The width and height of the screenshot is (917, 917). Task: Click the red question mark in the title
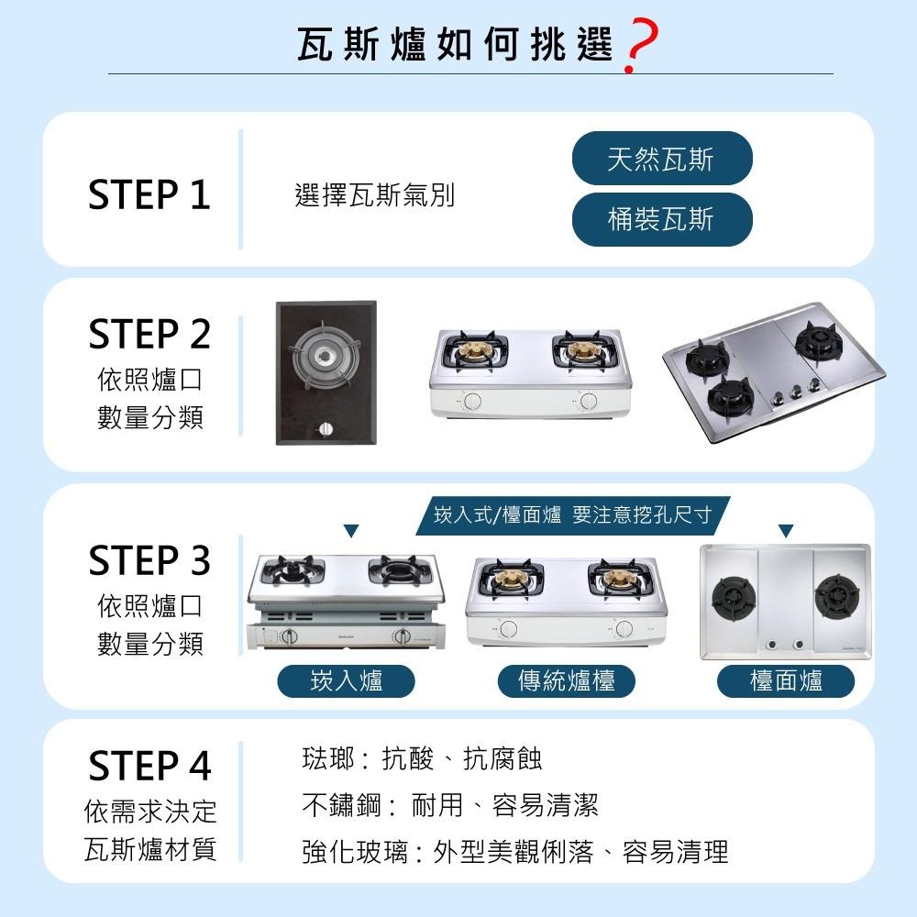639,48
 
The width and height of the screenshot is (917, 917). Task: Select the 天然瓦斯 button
661,160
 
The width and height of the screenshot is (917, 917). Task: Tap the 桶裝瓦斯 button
661,220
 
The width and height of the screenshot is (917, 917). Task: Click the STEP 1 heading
149,195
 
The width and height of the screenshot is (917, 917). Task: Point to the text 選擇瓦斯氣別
374,195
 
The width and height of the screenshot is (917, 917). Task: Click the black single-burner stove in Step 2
326,372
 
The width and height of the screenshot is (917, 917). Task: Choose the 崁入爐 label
347,681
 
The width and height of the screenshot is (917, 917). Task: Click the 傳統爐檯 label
566,681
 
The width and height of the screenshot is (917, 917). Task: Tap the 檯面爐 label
786,681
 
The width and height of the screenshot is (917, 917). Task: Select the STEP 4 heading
149,766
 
